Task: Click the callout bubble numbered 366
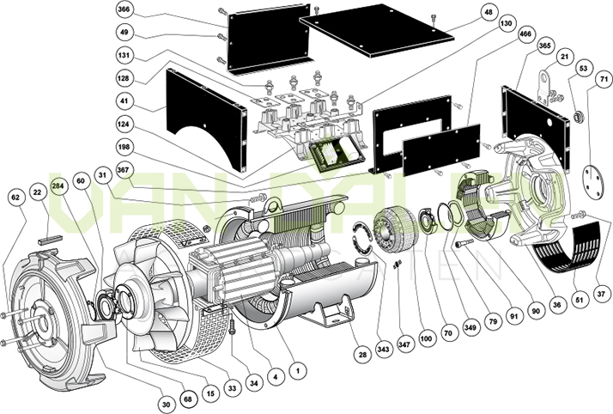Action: coord(124,10)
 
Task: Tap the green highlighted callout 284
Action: coord(59,186)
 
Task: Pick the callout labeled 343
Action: coord(384,349)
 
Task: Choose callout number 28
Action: coord(362,354)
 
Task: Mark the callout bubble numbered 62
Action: coord(15,197)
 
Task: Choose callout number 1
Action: coord(296,371)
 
